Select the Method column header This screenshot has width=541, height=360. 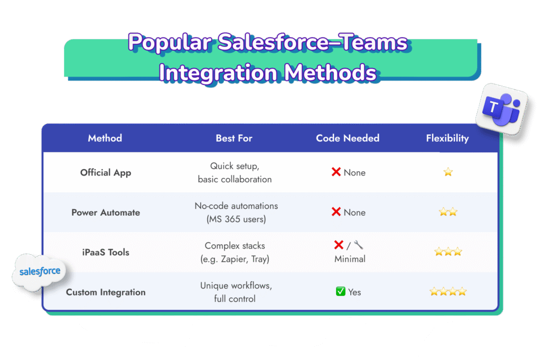tap(105, 138)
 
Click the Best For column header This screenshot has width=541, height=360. tap(234, 138)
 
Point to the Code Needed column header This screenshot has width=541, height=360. tap(348, 138)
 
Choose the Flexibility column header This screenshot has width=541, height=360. tap(447, 138)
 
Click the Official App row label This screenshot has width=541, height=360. tap(106, 172)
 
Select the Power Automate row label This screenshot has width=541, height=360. tap(106, 213)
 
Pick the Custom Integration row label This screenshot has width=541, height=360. tap(106, 292)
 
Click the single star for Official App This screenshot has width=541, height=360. tap(448, 172)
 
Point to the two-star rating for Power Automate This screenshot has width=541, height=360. tap(448, 212)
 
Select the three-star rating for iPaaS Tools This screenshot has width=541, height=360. tap(448, 252)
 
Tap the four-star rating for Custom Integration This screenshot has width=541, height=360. tap(448, 291)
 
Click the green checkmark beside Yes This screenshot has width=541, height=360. tap(341, 291)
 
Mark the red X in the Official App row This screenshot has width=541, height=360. tap(336, 172)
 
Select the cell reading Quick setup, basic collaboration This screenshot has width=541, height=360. tap(235, 172)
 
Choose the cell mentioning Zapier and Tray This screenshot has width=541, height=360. tap(235, 252)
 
